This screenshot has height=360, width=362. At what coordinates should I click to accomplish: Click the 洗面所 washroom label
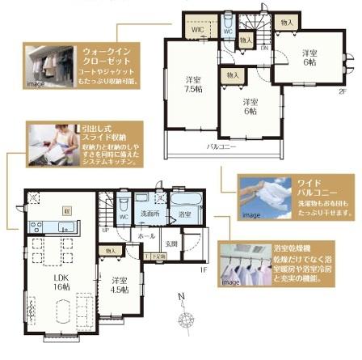pos(148,214)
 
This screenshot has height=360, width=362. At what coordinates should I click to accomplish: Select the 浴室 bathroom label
pos(184,214)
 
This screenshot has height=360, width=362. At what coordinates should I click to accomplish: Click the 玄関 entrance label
pos(171,243)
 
